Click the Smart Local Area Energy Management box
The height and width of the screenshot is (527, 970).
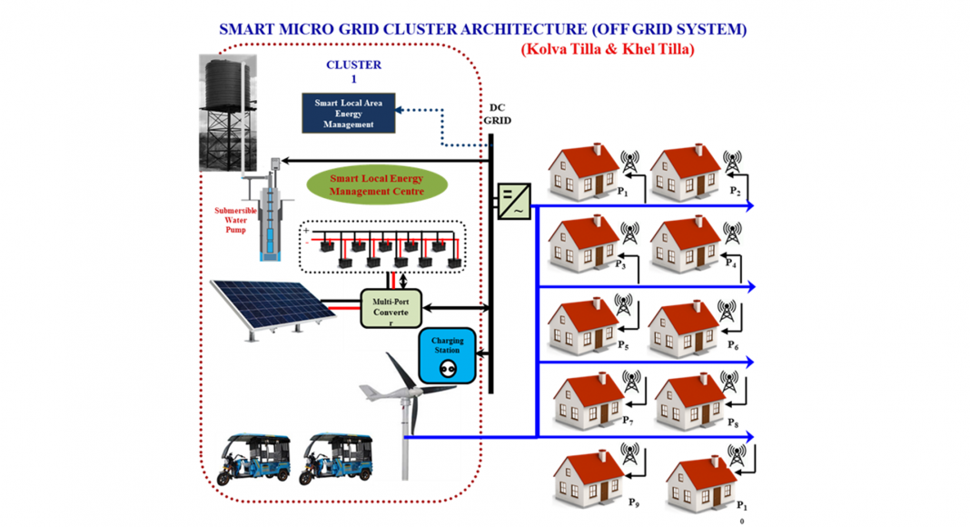tap(349, 114)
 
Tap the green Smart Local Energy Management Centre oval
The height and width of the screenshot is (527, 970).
tap(376, 184)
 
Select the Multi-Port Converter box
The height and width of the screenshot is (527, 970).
tap(391, 306)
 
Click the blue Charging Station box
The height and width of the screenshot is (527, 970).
tap(447, 354)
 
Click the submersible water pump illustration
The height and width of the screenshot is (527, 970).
tap(270, 218)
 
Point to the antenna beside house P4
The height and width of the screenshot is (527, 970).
tap(731, 234)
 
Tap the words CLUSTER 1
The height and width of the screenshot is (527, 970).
tap(353, 72)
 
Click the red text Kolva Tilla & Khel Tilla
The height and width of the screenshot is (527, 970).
tap(607, 49)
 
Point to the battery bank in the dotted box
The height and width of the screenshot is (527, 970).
tap(382, 246)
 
